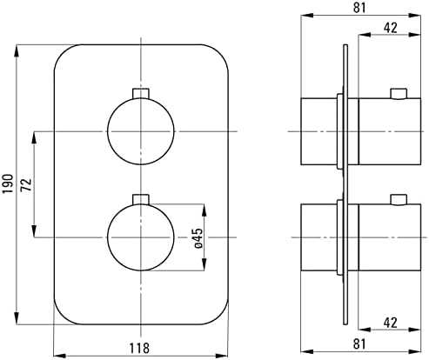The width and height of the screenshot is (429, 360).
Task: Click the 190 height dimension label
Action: [8, 183]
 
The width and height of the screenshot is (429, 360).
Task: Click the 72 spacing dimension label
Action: [26, 184]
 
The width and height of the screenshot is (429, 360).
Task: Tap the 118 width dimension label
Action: [139, 348]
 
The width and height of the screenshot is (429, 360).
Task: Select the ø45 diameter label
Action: [198, 238]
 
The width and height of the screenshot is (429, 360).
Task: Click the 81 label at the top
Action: [359, 8]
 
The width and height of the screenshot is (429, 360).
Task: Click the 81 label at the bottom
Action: [359, 344]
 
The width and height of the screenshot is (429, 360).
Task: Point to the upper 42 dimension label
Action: [390, 28]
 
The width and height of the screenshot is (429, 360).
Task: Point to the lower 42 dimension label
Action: [390, 323]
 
